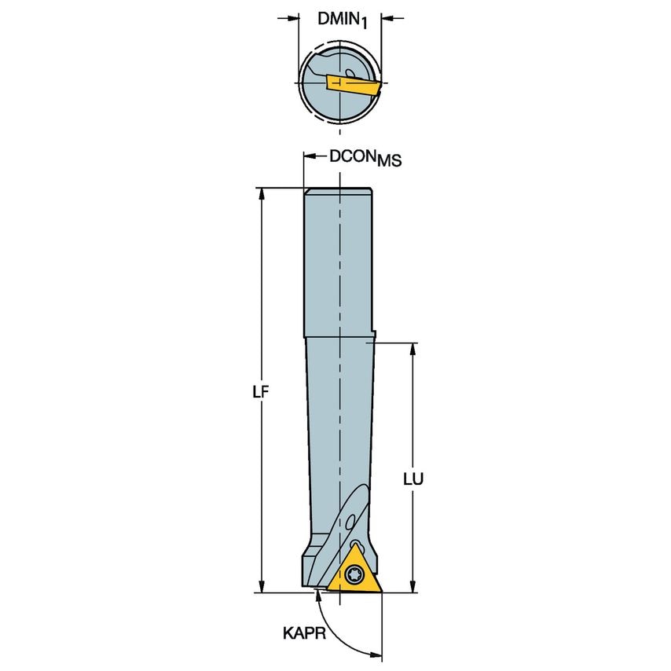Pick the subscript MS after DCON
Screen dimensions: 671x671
coord(389,162)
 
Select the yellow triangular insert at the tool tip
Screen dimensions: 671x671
coord(351,573)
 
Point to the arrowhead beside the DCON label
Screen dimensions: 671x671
coord(310,157)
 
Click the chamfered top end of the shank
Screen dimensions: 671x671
coord(338,191)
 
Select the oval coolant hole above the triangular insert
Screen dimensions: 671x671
coord(348,518)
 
